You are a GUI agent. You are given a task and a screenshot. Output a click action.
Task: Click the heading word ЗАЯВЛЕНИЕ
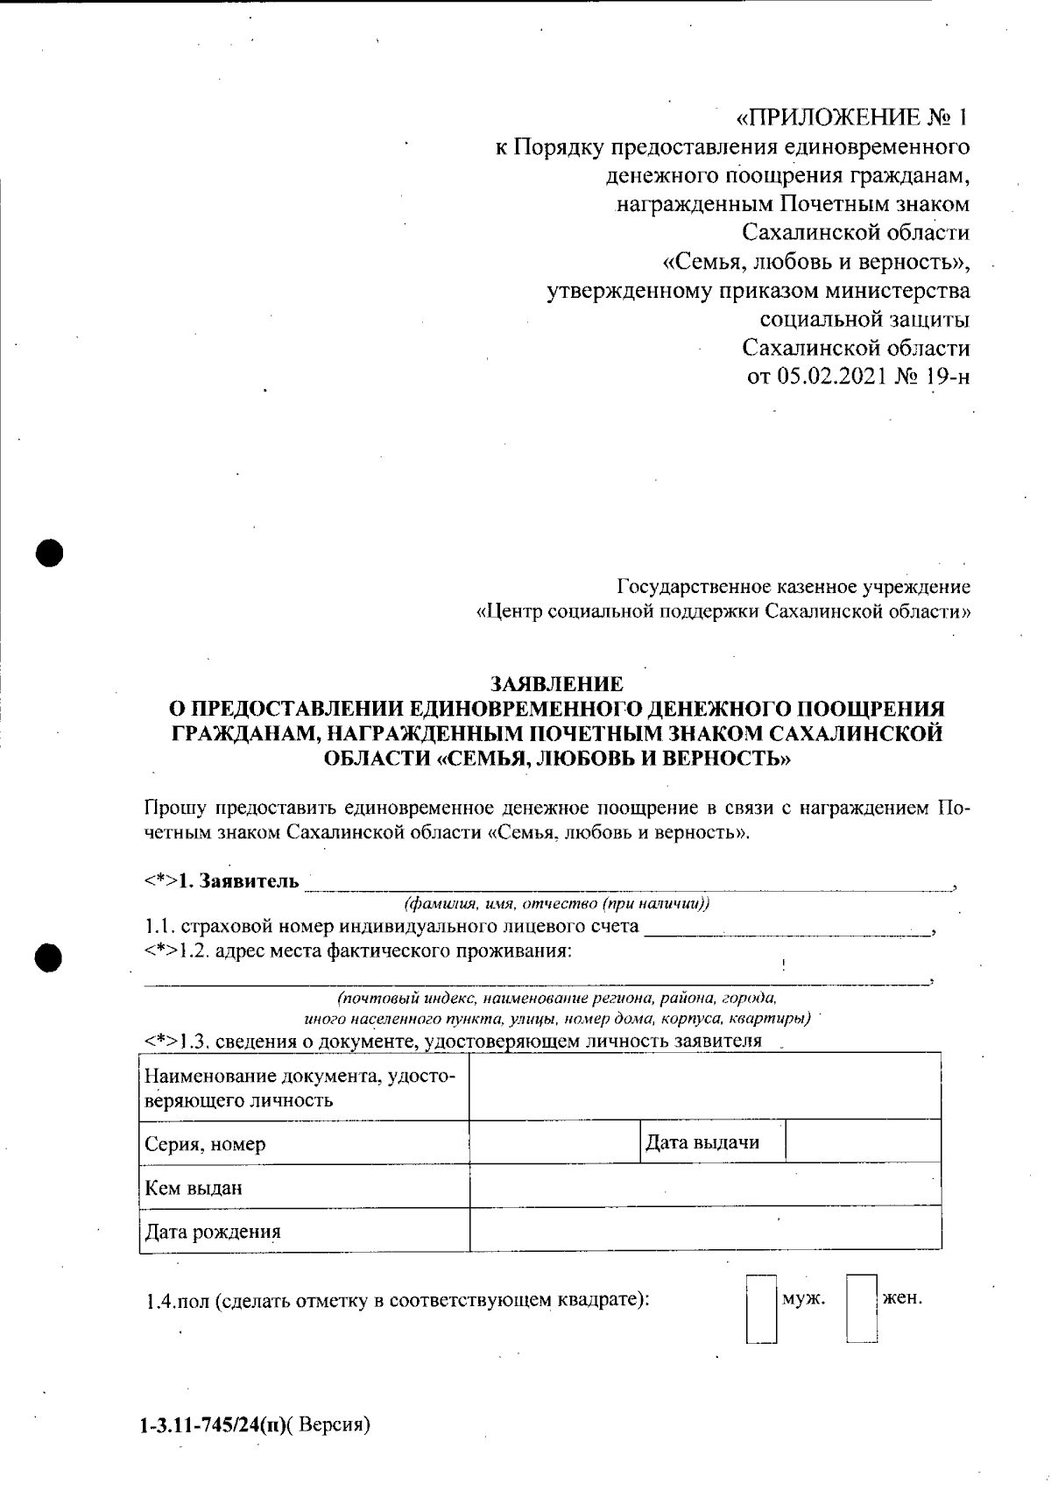557,683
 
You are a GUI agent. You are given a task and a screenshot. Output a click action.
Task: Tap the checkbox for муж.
761,1309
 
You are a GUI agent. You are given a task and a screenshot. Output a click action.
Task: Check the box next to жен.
862,1309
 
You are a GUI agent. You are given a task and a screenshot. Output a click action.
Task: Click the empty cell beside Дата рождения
705,1229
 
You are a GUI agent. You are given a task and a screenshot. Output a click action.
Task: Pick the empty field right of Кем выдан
705,1186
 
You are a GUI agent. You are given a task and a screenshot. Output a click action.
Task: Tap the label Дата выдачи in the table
702,1142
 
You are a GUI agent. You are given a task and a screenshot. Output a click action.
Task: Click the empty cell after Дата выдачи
863,1142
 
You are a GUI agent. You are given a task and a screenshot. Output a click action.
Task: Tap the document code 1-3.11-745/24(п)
211,1425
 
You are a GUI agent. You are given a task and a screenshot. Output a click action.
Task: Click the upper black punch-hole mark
52,554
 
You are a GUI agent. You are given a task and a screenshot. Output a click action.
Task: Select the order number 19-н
946,377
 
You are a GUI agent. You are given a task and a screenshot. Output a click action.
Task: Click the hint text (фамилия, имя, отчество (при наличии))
557,904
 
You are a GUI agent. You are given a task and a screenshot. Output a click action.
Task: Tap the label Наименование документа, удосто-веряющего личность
300,1087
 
